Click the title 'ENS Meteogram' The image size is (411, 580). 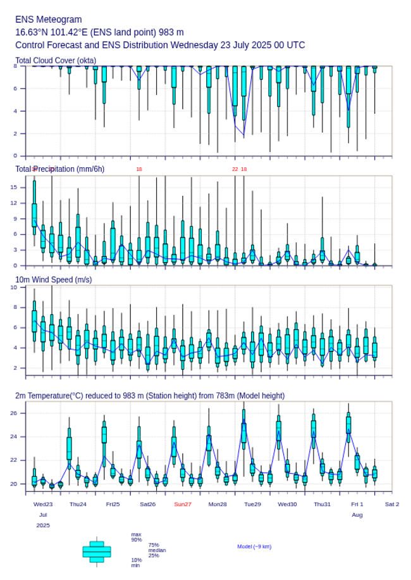tap(48, 20)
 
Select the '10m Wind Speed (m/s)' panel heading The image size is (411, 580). tap(53, 279)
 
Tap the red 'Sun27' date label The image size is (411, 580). tap(183, 504)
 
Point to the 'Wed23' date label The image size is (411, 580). tap(43, 504)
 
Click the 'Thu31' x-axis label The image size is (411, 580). tap(322, 504)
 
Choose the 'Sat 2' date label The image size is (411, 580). tap(392, 504)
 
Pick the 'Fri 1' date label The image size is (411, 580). tap(357, 504)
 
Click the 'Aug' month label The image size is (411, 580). tap(357, 515)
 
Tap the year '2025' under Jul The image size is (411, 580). tap(43, 526)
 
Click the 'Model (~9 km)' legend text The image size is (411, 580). tap(254, 546)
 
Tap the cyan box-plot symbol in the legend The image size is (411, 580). tap(97, 552)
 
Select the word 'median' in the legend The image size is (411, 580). tap(157, 550)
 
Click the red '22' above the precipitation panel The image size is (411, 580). tap(235, 169)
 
